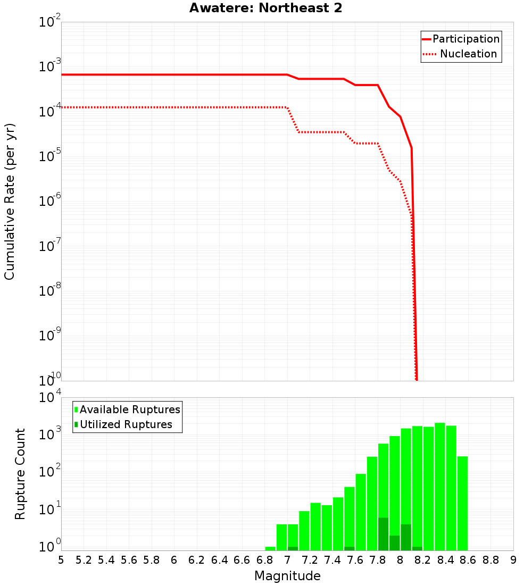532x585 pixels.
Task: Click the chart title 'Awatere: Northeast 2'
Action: [265, 9]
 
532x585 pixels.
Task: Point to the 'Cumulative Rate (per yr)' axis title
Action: [10, 202]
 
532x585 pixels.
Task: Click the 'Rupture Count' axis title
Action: [20, 473]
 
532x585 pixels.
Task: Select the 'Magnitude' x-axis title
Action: [287, 576]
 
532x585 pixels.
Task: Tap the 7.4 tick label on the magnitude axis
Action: [332, 560]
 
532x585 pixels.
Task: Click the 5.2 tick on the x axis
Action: [84, 560]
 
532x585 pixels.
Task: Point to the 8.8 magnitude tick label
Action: [491, 560]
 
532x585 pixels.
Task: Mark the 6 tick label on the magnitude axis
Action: [174, 560]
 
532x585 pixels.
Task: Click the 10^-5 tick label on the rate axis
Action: [50, 157]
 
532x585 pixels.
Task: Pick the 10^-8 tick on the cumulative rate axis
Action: [50, 291]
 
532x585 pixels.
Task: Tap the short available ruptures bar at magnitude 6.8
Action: [270, 548]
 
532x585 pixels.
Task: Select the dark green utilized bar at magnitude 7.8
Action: [383, 534]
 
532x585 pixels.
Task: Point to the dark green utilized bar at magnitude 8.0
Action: [406, 537]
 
